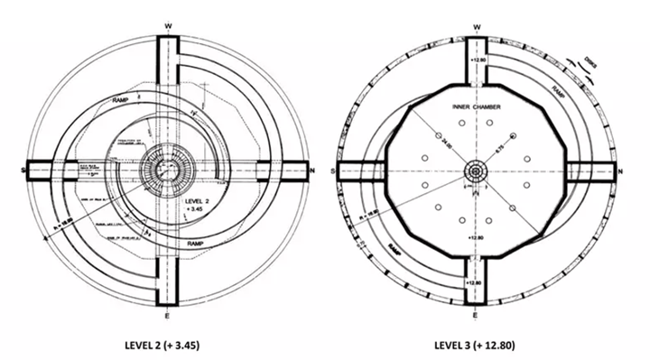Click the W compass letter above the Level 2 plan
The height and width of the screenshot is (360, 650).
(x=169, y=27)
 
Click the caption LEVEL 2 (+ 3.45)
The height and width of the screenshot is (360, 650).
(x=170, y=343)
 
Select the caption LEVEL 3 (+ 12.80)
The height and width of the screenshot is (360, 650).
(x=475, y=343)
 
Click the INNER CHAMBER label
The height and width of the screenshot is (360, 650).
(x=476, y=106)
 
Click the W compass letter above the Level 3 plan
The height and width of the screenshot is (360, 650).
(x=476, y=27)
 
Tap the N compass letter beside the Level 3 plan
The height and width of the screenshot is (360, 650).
(x=622, y=171)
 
